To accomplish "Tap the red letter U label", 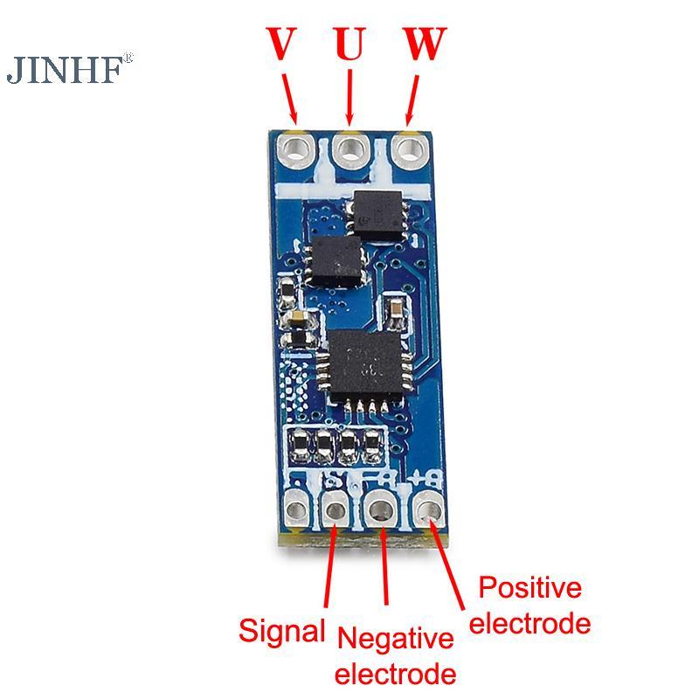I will point(349,44).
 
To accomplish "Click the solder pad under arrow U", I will point(351,149).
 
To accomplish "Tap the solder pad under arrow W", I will point(407,149).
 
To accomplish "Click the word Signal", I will point(281,630).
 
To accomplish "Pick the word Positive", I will point(530,587).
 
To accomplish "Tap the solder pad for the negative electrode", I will point(382,508).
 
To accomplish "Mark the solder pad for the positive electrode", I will point(427,506).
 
